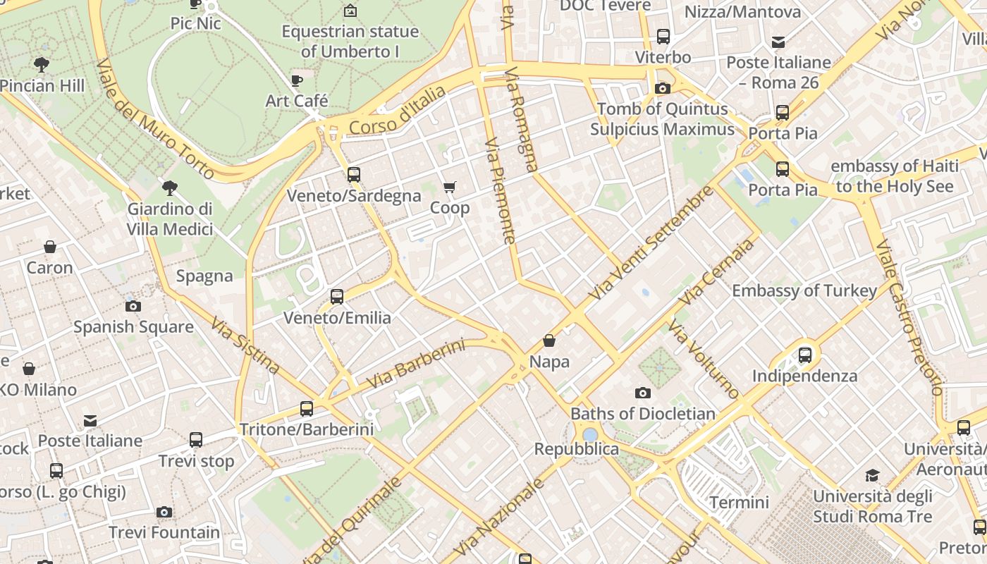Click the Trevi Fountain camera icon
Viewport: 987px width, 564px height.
164,512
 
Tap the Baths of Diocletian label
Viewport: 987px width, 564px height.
642,413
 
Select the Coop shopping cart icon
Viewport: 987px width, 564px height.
449,188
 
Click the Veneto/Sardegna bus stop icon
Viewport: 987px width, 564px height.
354,174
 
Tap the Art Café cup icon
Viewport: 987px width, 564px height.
297,80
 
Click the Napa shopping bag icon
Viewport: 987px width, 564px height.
549,341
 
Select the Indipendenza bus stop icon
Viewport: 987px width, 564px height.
805,355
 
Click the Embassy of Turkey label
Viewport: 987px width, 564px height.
804,290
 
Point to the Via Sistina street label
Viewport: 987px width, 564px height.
245,345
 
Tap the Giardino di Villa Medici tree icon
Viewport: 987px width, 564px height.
169,188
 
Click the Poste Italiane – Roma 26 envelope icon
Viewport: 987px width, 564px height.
778,42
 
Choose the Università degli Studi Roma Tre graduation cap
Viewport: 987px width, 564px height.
872,475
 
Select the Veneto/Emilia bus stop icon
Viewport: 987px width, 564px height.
337,297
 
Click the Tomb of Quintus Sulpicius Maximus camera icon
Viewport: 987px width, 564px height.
662,88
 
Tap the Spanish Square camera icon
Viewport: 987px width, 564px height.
133,306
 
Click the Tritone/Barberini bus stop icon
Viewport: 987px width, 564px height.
307,408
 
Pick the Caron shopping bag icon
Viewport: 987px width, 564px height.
50,247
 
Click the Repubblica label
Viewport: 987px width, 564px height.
576,449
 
